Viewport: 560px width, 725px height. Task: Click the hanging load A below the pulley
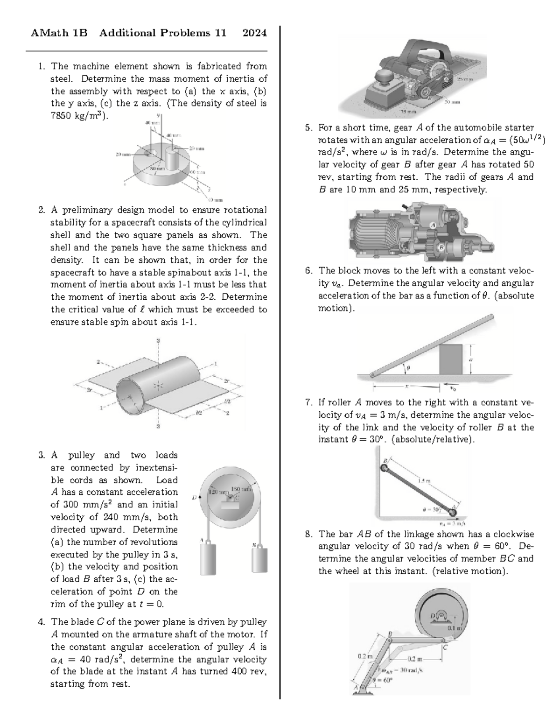point(208,559)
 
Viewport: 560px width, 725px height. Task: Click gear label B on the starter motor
point(440,246)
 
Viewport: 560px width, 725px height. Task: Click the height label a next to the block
point(470,359)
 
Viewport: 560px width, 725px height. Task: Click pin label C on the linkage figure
point(446,648)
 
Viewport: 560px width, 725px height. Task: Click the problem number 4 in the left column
point(42,622)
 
